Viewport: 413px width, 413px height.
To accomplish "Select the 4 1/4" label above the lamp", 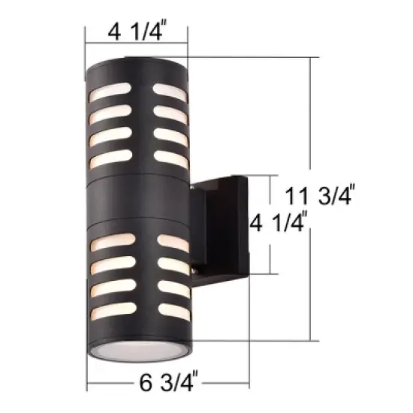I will pos(137,32).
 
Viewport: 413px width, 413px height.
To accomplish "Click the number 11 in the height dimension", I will pos(298,197).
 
